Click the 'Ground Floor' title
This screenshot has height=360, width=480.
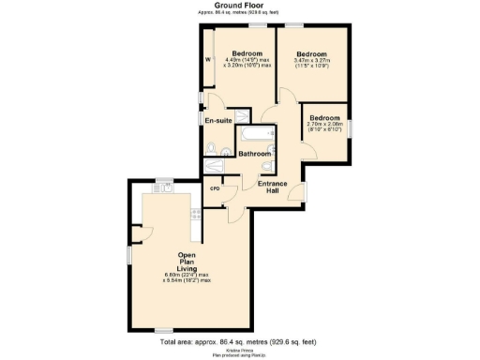pos(240,5)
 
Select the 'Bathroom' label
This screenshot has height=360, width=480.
pos(254,154)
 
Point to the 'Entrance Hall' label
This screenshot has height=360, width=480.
pos(273,187)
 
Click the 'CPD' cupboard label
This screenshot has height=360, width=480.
pos(214,188)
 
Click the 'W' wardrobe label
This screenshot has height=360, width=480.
pos(208,63)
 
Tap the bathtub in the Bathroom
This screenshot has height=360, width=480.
pos(254,136)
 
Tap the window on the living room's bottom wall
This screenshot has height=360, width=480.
pos(165,329)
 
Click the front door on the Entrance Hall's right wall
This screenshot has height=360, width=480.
pos(303,192)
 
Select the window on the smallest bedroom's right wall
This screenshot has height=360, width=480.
pos(350,127)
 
